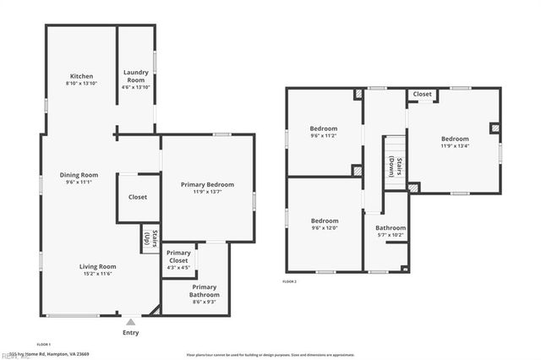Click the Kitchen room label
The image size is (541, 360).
pos(81,76)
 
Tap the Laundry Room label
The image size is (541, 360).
pos(136,76)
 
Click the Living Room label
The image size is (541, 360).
pos(99,266)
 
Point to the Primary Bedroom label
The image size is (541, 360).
pos(208,184)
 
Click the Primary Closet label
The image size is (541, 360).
pos(178,257)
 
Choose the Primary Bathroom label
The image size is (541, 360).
pos(205,291)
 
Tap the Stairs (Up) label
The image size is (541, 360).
pos(148,239)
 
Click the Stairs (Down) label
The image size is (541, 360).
pos(391,166)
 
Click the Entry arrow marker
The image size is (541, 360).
pos(130,321)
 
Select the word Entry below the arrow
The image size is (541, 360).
pos(130,332)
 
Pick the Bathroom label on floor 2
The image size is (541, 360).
pos(391,227)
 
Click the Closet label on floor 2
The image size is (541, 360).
pos(423,95)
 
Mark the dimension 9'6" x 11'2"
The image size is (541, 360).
pos(324,135)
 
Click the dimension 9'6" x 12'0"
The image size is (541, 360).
pos(324,227)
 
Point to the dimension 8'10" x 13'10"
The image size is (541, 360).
pos(81,84)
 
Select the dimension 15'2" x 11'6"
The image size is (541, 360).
pos(99,274)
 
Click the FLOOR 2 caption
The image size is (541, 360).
pos(290,281)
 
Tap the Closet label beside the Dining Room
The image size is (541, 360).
pos(138,197)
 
